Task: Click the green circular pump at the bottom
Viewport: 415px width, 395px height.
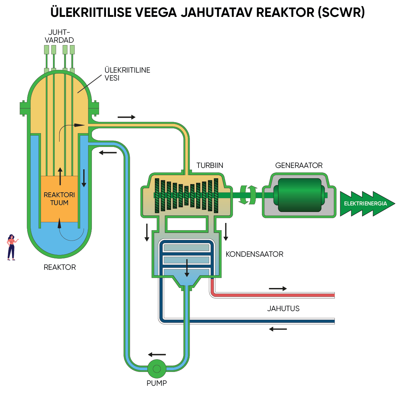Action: (157, 369)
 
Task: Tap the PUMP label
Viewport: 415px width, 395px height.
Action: (157, 383)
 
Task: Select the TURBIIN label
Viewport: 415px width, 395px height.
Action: (210, 166)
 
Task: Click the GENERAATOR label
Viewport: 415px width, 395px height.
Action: (299, 166)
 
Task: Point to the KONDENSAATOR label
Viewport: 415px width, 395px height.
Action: (254, 254)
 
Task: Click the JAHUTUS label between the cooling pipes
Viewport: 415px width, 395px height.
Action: (283, 309)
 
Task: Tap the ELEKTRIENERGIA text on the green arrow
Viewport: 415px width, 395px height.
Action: (365, 204)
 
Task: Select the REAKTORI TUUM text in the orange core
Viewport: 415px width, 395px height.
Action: (59, 199)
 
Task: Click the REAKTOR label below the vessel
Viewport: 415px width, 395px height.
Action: (60, 267)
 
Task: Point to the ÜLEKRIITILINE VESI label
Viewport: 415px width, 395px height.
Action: (127, 74)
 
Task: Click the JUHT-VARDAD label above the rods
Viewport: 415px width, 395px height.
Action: (59, 36)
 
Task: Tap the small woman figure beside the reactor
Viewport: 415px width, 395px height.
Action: (11, 247)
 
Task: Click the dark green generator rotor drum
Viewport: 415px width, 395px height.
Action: (299, 195)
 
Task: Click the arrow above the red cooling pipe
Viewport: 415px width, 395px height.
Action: (278, 289)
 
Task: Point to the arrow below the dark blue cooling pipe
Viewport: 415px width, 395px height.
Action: (278, 329)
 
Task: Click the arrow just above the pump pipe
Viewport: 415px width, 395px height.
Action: (157, 355)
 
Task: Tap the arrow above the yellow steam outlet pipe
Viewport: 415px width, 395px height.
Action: (126, 117)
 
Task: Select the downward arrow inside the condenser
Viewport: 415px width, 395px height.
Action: (187, 268)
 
